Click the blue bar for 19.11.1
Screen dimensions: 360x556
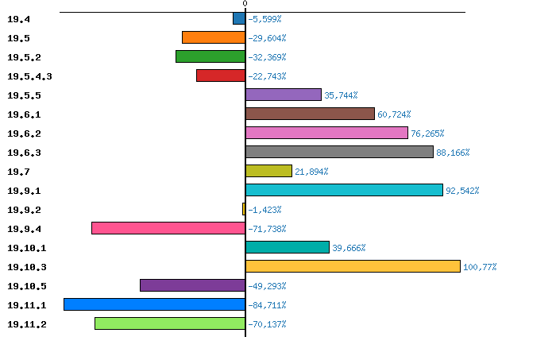pyautogui.click(x=154, y=304)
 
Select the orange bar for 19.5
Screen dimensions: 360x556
pyautogui.click(x=213, y=37)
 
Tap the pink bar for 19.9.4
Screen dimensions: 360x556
pyautogui.click(x=168, y=228)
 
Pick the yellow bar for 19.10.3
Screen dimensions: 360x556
pyautogui.click(x=353, y=266)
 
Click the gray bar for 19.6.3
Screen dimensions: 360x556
pyautogui.click(x=339, y=152)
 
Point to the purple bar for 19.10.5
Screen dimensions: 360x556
pyautogui.click(x=192, y=285)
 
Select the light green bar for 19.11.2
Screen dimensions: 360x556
pyautogui.click(x=169, y=323)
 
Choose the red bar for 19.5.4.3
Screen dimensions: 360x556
pyautogui.click(x=220, y=75)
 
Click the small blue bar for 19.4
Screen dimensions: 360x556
pyautogui.click(x=238, y=18)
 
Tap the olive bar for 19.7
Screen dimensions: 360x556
pyautogui.click(x=268, y=171)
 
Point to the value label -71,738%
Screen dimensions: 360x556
pyautogui.click(x=268, y=229)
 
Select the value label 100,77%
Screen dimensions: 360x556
pyautogui.click(x=480, y=267)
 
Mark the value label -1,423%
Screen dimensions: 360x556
pyautogui.click(x=265, y=210)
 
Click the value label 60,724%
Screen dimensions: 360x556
pyautogui.click(x=396, y=114)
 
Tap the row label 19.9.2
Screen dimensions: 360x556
pyautogui.click(x=24, y=210)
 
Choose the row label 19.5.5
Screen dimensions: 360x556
pyautogui.click(x=24, y=95)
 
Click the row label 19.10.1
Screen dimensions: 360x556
pyautogui.click(x=26, y=248)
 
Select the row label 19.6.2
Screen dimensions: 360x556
pyautogui.click(x=24, y=134)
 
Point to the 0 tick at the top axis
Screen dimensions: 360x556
pyautogui.click(x=245, y=4)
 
